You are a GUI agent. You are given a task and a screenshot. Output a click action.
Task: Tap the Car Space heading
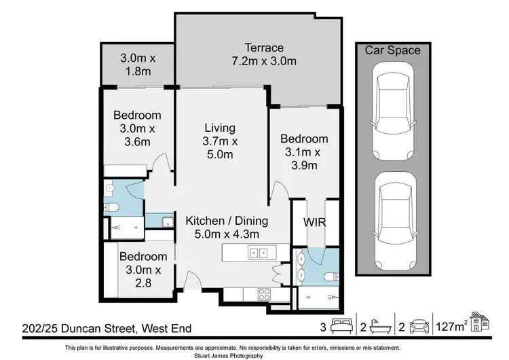pos(393,50)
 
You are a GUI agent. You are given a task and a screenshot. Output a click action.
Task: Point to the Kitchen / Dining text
pos(227,221)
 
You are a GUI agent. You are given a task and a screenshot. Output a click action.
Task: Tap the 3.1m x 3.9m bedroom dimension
pos(304,159)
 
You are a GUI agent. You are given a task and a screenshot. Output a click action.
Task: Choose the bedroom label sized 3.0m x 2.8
pos(143,257)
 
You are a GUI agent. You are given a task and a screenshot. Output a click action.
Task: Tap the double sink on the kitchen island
pos(258,254)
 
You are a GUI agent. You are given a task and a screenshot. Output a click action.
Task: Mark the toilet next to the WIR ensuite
pos(329,277)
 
